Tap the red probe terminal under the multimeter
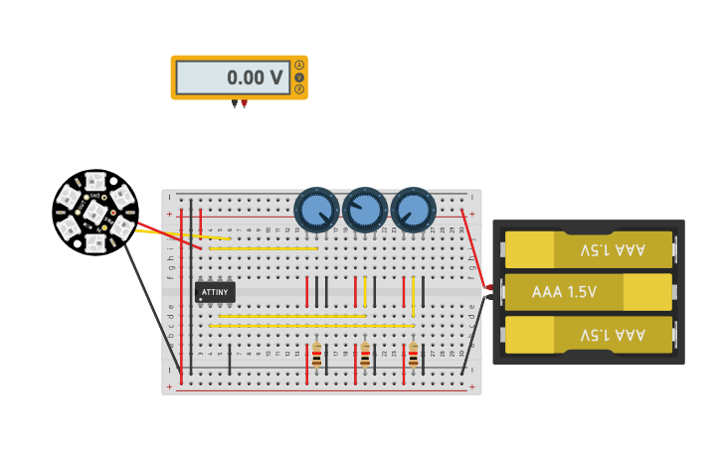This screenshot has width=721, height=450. (x=245, y=103)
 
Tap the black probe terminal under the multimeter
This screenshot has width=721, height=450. (x=235, y=103)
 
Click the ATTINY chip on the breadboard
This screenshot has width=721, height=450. (x=215, y=292)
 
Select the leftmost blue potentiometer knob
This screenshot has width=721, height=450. (x=317, y=210)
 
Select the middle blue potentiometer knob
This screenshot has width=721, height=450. (x=365, y=210)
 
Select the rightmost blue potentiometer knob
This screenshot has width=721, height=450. (x=414, y=210)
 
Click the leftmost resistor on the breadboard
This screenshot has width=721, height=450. (x=316, y=355)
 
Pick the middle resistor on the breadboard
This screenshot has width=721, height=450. (x=365, y=355)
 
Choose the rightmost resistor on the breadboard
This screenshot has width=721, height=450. (x=414, y=355)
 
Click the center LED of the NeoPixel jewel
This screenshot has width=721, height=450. (x=94, y=213)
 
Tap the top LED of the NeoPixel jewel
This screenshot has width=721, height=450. (x=94, y=181)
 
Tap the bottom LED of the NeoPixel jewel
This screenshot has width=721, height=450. (x=94, y=243)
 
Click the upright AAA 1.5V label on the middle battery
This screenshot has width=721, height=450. (x=564, y=292)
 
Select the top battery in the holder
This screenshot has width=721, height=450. (x=589, y=249)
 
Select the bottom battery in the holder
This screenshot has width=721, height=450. (x=589, y=335)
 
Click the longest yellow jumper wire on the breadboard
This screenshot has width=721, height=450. (x=310, y=326)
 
